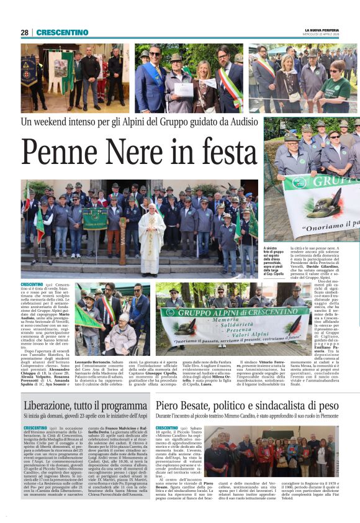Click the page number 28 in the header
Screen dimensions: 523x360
click(x=25, y=33)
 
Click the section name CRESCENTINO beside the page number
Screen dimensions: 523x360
click(x=61, y=33)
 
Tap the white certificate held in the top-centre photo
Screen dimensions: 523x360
click(x=183, y=89)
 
